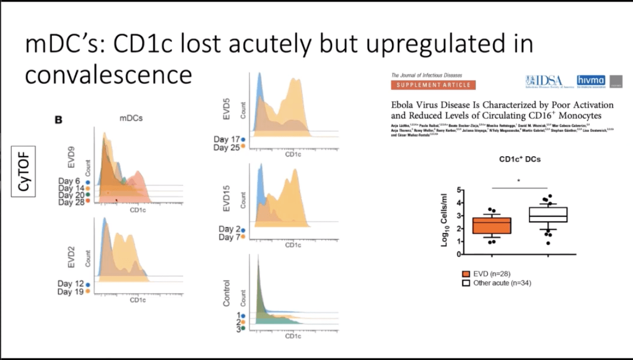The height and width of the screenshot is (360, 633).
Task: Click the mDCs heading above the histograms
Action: coord(131,118)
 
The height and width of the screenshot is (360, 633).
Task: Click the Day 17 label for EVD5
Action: coord(227,140)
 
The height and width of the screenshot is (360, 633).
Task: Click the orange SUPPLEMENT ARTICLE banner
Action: coord(433,85)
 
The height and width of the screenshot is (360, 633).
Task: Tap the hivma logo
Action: coord(590,80)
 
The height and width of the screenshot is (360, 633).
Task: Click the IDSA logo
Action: coord(544,81)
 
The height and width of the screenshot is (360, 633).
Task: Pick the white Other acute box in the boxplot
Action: coord(548,215)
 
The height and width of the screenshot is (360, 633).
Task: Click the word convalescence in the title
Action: coord(108,75)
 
